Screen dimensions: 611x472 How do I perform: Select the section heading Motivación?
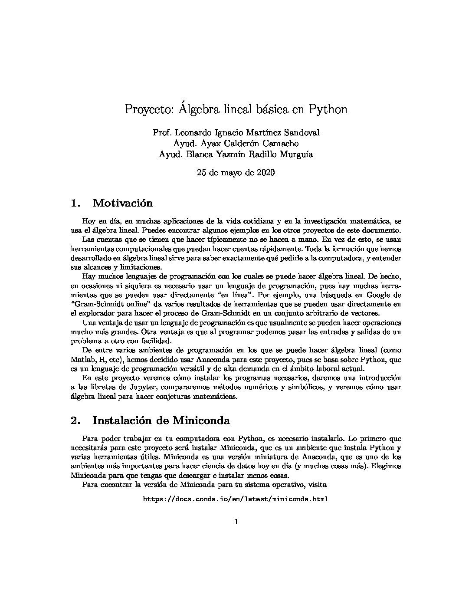coord(123,203)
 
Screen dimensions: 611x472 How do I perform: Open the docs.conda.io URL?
coord(236,499)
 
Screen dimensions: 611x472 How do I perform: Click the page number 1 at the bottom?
coord(236,522)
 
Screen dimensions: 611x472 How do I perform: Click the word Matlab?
coord(81,360)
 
